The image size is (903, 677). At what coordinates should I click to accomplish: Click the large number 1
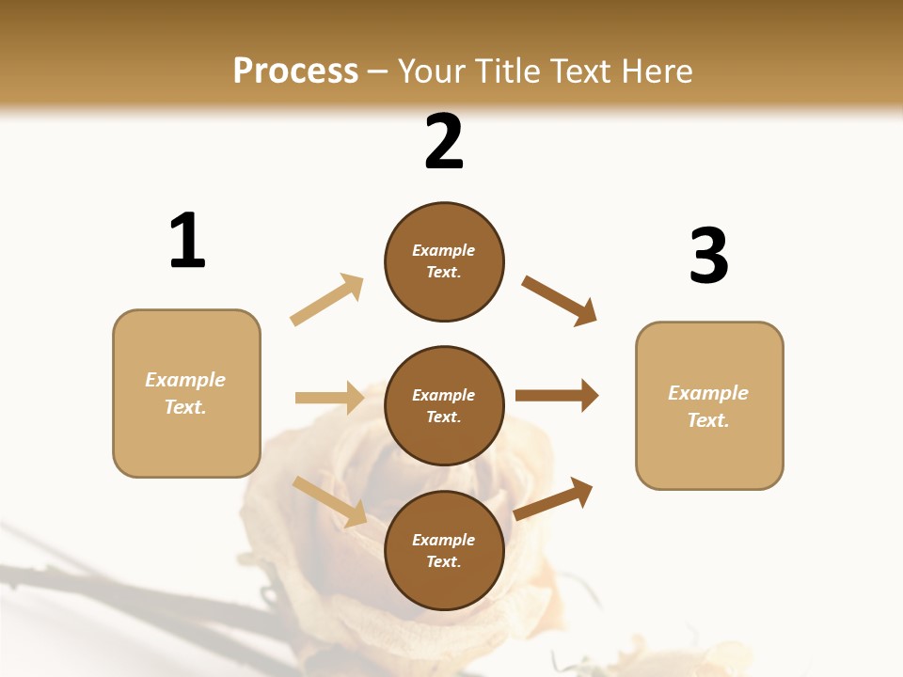click(187, 242)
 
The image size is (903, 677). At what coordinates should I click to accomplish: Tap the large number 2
click(444, 143)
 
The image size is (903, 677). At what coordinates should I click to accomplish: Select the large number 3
click(708, 257)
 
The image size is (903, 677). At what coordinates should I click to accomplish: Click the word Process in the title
click(295, 71)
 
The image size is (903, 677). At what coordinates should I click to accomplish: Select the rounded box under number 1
click(186, 393)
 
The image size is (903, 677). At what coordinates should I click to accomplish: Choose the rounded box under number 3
click(709, 405)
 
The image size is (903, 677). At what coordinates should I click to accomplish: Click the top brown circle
click(444, 261)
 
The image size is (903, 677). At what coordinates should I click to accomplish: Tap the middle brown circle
click(444, 405)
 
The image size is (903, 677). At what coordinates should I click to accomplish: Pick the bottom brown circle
click(444, 550)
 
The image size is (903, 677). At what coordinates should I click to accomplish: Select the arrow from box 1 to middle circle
click(329, 398)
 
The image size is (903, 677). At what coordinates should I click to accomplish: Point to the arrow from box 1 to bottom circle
click(329, 500)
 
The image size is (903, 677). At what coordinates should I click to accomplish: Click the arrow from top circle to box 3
click(560, 300)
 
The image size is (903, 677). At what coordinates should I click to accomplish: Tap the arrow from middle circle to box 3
click(557, 395)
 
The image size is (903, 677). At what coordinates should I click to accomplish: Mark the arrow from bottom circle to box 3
click(553, 498)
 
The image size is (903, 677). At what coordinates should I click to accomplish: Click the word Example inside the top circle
click(444, 250)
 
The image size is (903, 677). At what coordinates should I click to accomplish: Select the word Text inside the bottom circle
click(442, 561)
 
